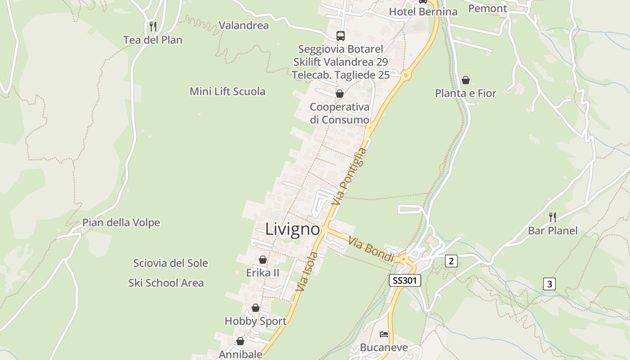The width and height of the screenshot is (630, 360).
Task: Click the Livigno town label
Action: (292, 229)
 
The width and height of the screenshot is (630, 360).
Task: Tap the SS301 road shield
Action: (405, 280)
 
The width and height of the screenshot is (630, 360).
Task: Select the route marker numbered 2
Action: (451, 261)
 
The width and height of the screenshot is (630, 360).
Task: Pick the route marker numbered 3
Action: (549, 284)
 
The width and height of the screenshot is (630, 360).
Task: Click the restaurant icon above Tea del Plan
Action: (153, 27)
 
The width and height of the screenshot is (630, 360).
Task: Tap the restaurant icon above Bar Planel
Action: (553, 217)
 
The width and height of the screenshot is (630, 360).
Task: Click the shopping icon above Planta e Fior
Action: (465, 80)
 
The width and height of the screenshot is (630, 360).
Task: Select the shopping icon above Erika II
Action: (263, 260)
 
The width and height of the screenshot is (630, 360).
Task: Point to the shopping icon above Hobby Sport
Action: (256, 308)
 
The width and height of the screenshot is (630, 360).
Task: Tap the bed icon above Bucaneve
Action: (383, 334)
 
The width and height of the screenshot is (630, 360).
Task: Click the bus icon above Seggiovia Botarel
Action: (341, 36)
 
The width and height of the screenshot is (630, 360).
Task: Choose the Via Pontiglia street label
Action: (349, 176)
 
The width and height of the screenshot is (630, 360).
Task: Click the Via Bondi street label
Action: (372, 250)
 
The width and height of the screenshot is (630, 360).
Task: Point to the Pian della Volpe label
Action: (121, 223)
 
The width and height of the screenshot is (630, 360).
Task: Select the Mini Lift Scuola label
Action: (227, 91)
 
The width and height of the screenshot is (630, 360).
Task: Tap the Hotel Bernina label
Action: (423, 12)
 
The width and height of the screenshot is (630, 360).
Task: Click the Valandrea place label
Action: (243, 25)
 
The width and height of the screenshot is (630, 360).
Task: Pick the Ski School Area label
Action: (166, 283)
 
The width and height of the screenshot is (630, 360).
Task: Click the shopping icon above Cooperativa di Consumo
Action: (340, 94)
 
